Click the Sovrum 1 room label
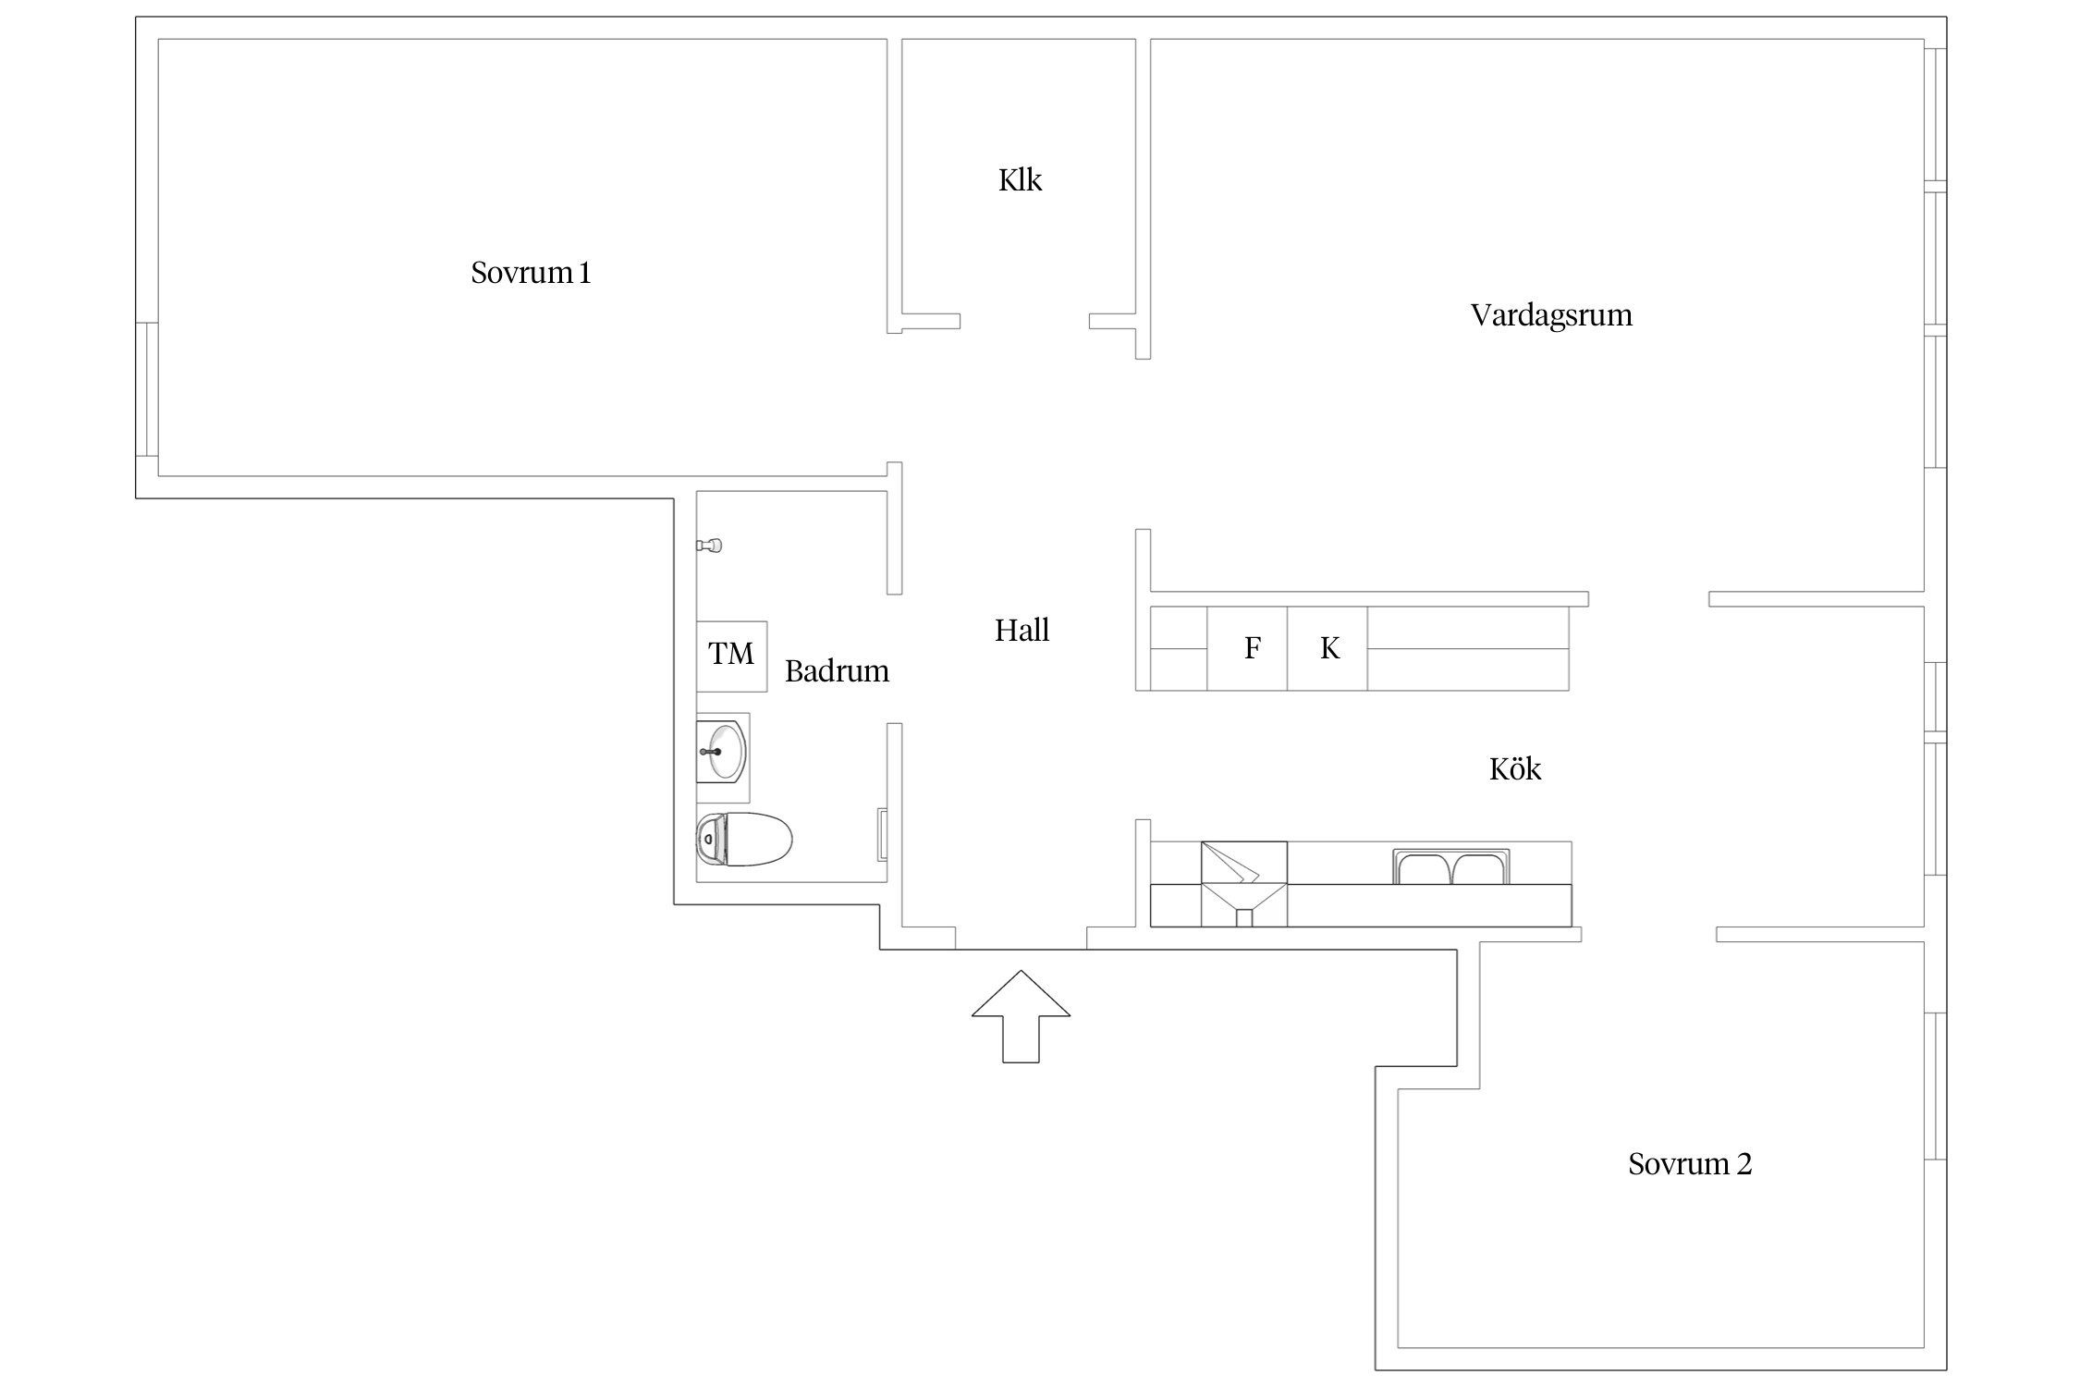pyautogui.click(x=531, y=273)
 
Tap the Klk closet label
pyautogui.click(x=1020, y=179)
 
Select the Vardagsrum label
pyautogui.click(x=1551, y=315)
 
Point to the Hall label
pyautogui.click(x=1022, y=631)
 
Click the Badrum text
pyautogui.click(x=837, y=670)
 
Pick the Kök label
pyautogui.click(x=1515, y=768)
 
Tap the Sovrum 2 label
pyautogui.click(x=1690, y=1163)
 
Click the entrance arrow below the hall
pyautogui.click(x=1021, y=1016)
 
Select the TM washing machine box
pyautogui.click(x=731, y=657)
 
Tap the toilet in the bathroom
pyautogui.click(x=743, y=839)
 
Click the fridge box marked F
pyautogui.click(x=1247, y=648)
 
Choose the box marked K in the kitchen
pyautogui.click(x=1328, y=648)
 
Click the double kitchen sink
pyautogui.click(x=1450, y=867)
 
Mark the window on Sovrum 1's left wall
pyautogui.click(x=147, y=389)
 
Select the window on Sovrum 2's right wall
pyautogui.click(x=1935, y=1086)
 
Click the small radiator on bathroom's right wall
pyautogui.click(x=883, y=835)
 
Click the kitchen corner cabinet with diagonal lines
pyautogui.click(x=1243, y=884)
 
